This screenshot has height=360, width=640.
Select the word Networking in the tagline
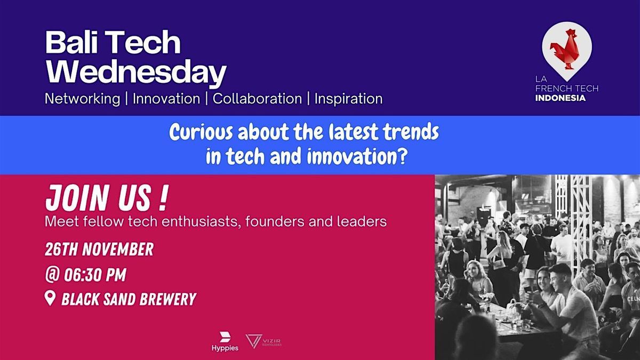click(x=82, y=99)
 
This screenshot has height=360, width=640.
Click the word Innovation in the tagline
click(x=166, y=99)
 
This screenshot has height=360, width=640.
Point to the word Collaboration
click(x=257, y=99)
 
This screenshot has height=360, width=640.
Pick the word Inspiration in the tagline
click(x=348, y=99)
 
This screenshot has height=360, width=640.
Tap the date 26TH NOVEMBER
click(x=99, y=249)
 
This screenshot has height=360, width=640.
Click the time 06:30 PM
click(x=95, y=275)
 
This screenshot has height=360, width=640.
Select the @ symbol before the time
click(x=52, y=275)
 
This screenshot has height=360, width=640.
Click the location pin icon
click(x=51, y=299)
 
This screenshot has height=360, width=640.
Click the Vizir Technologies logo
click(x=263, y=341)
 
